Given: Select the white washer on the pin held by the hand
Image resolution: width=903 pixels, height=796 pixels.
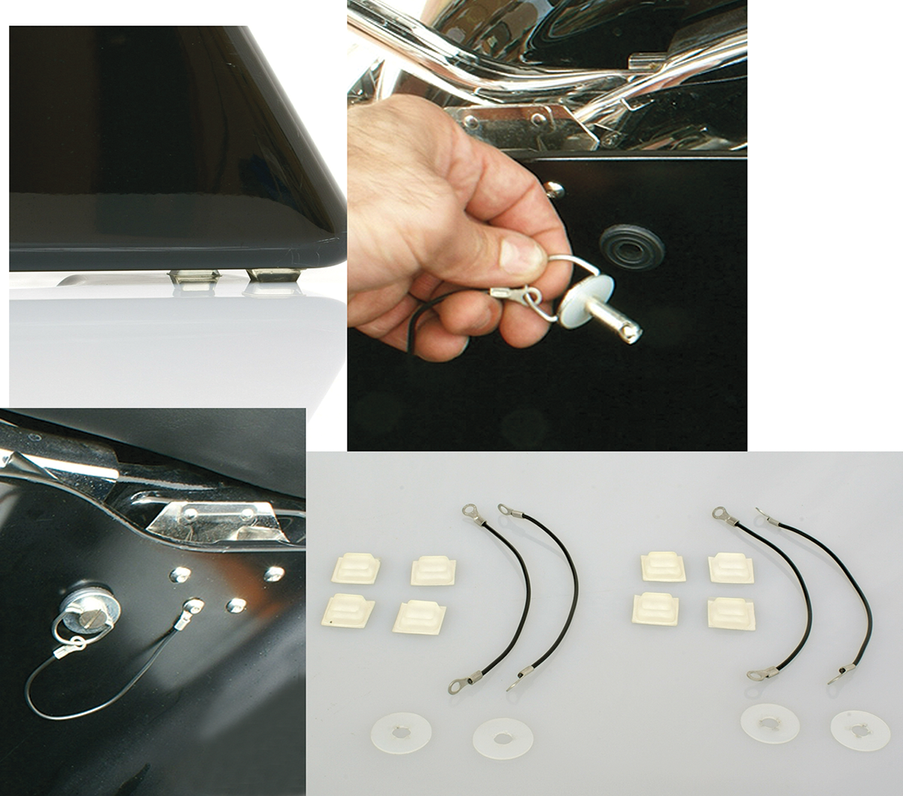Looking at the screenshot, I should point(579,302).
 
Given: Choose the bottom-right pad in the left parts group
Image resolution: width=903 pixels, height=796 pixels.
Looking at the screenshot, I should point(419,616).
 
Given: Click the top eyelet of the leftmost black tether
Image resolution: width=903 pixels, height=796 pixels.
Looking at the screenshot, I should point(469,511).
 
